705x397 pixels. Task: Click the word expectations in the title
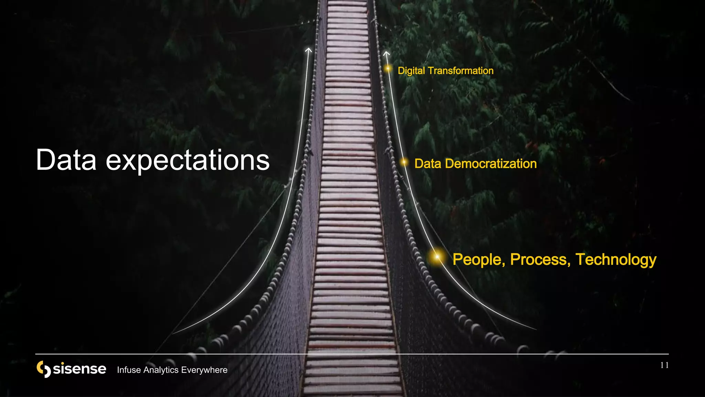point(188,161)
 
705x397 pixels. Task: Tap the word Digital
point(411,71)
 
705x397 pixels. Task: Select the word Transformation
point(461,71)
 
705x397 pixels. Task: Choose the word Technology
point(616,259)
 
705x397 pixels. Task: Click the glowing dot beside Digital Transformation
point(388,69)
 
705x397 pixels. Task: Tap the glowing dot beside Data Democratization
point(404,162)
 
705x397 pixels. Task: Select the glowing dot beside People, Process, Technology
point(437,257)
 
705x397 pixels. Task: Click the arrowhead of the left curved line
point(308,50)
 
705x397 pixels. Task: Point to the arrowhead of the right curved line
point(387,53)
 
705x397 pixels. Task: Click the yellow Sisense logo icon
point(44,369)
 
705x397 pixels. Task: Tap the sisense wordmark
point(80,369)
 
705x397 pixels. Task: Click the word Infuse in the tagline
point(129,370)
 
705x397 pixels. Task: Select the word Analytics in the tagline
point(161,370)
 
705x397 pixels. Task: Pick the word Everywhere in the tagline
point(204,370)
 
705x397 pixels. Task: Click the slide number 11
point(664,365)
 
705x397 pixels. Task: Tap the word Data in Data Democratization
point(428,164)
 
